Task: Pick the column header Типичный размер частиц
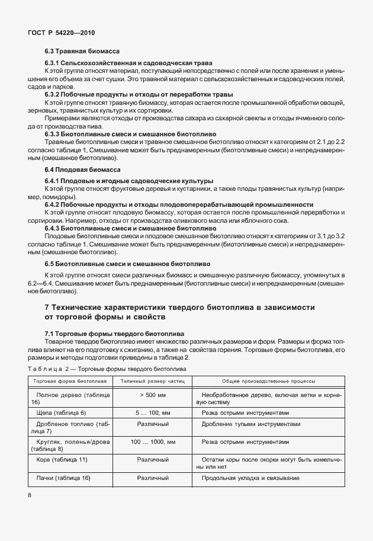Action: point(153,382)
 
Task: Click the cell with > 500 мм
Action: point(153,395)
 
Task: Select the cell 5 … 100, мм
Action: point(153,412)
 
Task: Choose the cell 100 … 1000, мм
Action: point(153,442)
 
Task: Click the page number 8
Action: point(30,495)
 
